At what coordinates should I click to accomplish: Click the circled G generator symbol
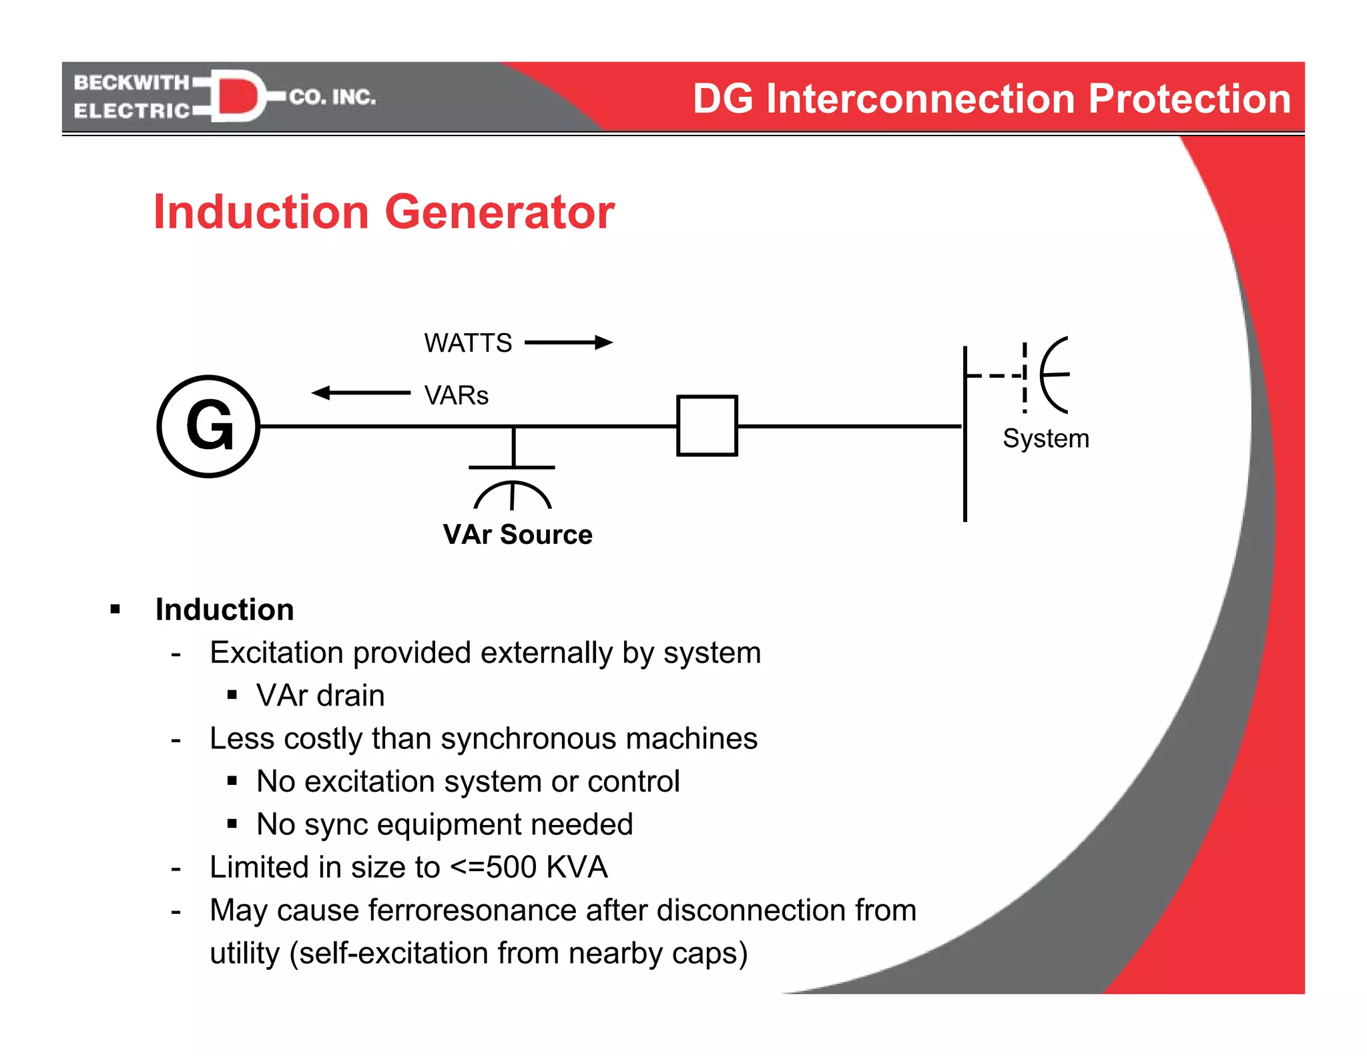point(208,426)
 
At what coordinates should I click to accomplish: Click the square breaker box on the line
point(707,426)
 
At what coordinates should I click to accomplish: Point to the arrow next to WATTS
point(569,342)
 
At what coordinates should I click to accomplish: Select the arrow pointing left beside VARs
point(360,392)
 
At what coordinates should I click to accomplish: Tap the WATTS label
point(468,343)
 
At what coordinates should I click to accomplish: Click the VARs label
point(457,395)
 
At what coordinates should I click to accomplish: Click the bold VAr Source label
point(517,535)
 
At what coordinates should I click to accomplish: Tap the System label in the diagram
point(1045,439)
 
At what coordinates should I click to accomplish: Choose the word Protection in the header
point(1189,99)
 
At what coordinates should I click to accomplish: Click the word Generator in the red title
point(499,212)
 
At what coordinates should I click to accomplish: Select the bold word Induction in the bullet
point(224,609)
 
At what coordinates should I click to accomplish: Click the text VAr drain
point(320,696)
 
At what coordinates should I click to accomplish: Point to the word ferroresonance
point(505,910)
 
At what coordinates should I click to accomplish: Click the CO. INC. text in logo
point(332,97)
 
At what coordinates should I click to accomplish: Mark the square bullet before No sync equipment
point(232,824)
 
